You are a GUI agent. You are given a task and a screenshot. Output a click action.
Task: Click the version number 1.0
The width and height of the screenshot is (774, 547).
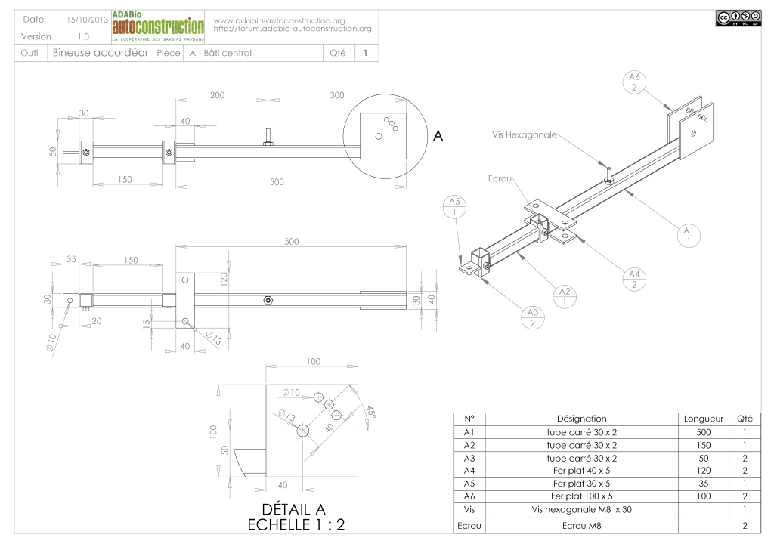tap(83, 36)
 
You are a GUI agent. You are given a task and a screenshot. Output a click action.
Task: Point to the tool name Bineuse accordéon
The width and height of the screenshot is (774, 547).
tap(102, 53)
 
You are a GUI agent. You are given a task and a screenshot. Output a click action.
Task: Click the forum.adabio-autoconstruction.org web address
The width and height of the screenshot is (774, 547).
tap(293, 29)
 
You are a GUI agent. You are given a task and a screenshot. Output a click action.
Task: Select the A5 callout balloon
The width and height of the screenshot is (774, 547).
tap(454, 207)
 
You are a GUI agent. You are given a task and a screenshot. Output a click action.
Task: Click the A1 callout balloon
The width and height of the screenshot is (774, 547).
tap(688, 235)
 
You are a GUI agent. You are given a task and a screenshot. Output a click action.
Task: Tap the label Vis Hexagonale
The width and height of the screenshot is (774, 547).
tap(522, 134)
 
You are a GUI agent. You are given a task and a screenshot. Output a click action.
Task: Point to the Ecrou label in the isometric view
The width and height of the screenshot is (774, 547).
tap(500, 178)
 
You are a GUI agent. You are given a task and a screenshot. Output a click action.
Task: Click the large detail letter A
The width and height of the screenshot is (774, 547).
tap(437, 136)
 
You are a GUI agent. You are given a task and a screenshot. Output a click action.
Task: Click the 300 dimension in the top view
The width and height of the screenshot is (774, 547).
tap(337, 95)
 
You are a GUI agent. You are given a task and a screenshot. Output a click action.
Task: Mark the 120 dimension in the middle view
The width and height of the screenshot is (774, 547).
tap(224, 280)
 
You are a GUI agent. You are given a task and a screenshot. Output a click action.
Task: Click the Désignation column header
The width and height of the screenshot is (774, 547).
tap(581, 418)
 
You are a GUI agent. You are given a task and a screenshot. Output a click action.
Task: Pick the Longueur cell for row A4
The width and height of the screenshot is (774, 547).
tap(703, 470)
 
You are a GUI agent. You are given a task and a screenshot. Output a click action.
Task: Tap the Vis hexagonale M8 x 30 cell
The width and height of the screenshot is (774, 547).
tap(581, 509)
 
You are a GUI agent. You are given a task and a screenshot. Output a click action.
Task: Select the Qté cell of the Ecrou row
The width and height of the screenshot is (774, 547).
tap(745, 524)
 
